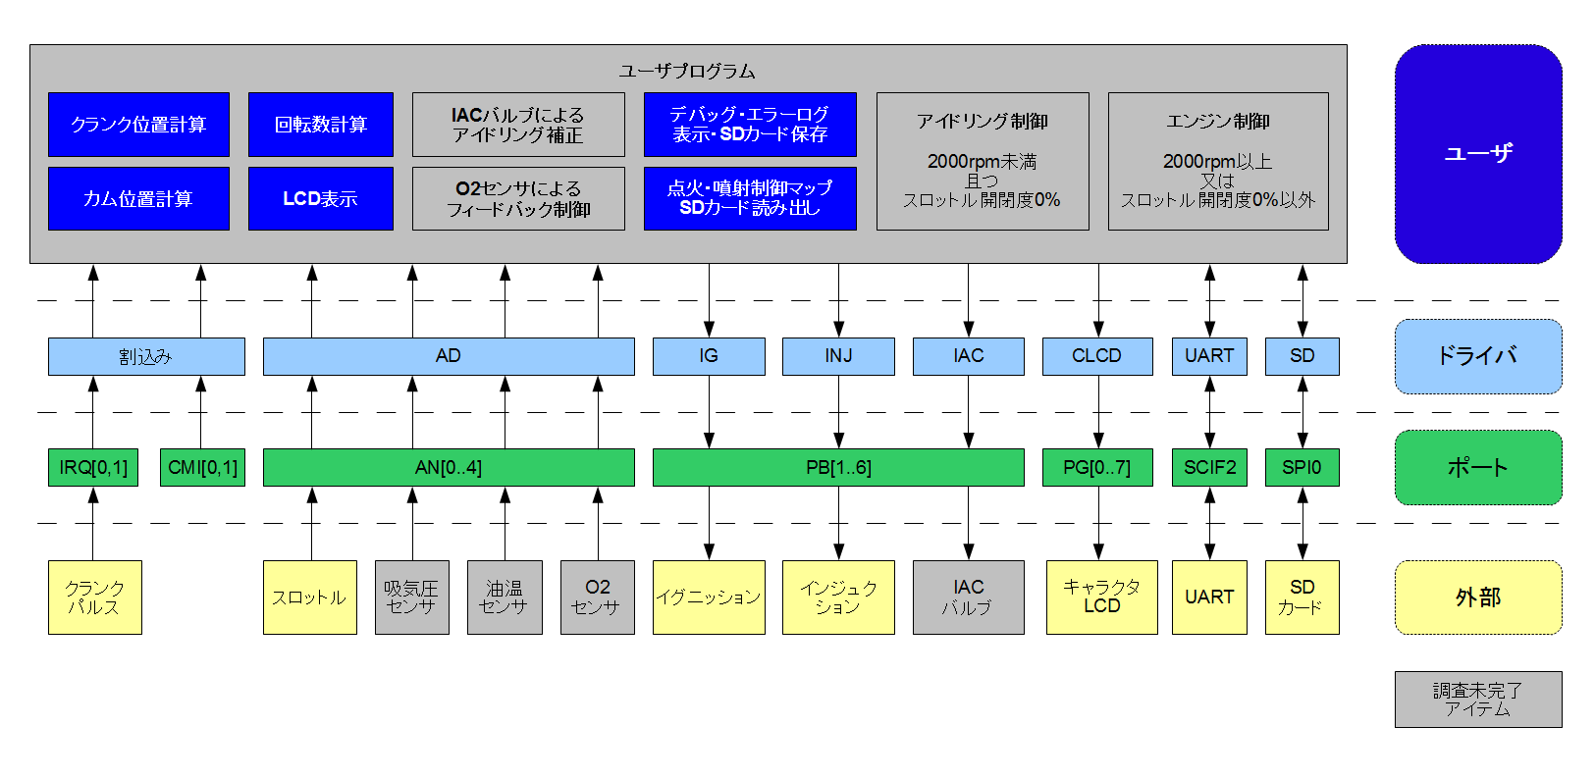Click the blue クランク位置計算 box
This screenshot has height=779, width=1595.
point(138,125)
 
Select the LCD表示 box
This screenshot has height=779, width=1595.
point(320,198)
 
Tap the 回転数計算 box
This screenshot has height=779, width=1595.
point(320,125)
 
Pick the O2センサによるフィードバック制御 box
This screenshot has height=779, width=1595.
point(518,198)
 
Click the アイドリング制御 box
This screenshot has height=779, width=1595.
point(983,161)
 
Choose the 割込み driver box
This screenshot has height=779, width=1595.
point(146,356)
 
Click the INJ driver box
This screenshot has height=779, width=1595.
point(838,356)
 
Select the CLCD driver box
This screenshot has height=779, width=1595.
point(1097,356)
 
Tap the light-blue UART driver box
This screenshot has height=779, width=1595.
point(1209,356)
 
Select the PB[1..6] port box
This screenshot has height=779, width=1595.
point(838,467)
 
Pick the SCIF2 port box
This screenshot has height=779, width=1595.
point(1209,467)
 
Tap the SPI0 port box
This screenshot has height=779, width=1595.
point(1302,467)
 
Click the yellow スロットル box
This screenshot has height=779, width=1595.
point(310,597)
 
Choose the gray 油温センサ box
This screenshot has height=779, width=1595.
point(505,597)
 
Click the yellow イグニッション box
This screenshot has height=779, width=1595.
point(709,597)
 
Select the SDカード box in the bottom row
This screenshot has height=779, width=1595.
point(1302,597)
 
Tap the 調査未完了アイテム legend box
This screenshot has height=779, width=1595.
point(1478,700)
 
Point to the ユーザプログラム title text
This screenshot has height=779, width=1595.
point(687,72)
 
